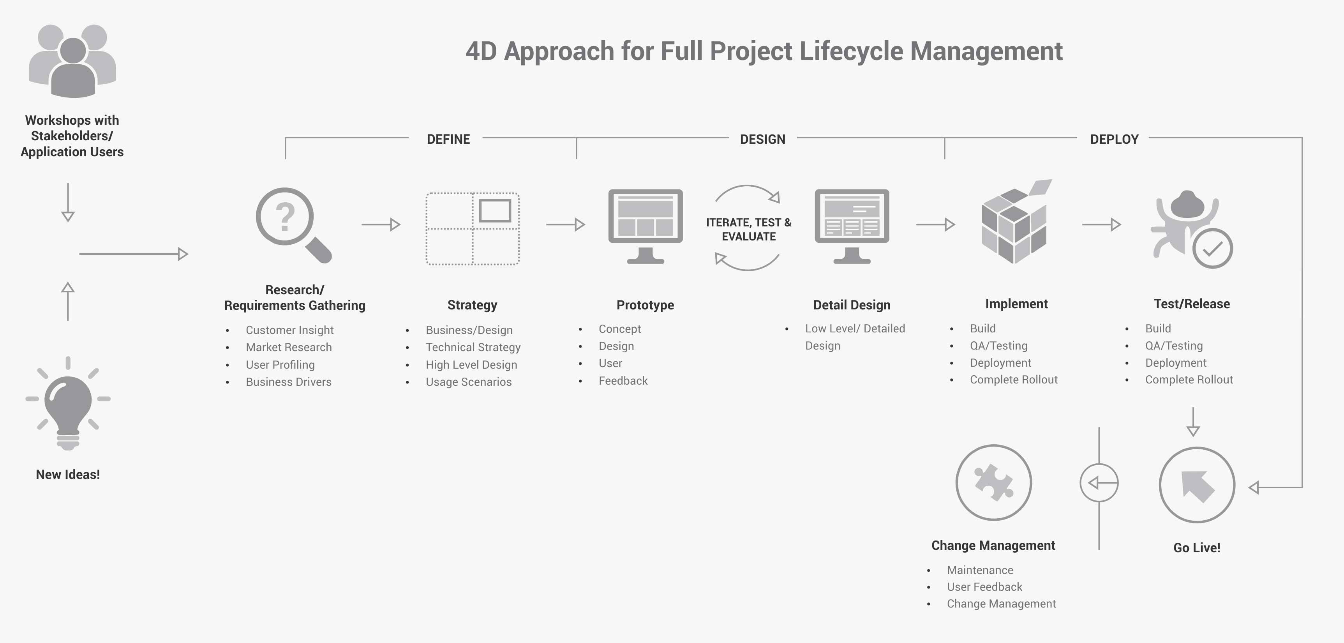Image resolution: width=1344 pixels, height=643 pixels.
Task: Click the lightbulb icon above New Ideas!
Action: coord(68,403)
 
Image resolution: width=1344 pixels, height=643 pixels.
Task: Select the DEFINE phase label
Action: coord(448,140)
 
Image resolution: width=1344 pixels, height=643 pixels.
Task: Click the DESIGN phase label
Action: coord(762,140)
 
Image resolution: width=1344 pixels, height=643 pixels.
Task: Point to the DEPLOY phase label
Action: coord(1114,140)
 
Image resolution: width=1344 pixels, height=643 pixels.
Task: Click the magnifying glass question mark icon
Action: coord(293,225)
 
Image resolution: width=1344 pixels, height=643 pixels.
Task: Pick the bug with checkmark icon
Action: coord(1192,229)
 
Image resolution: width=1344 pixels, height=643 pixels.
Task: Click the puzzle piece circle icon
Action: coord(993,482)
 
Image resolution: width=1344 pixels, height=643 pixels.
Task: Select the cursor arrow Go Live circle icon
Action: coord(1197,484)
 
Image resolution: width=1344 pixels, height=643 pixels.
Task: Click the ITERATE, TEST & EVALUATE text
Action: coord(749,229)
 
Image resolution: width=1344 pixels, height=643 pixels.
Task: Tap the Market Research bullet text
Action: coord(289,347)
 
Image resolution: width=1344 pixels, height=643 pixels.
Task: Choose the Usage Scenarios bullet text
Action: coord(469,382)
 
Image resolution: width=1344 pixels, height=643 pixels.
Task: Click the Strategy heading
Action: coord(472,305)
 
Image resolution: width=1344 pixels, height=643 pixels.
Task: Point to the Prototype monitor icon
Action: coord(646,226)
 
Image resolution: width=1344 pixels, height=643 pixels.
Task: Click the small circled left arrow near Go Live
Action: coord(1099,483)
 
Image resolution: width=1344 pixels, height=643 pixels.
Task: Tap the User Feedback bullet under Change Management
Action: coord(984,586)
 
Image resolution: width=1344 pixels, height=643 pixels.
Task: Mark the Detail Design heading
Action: coord(852,305)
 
